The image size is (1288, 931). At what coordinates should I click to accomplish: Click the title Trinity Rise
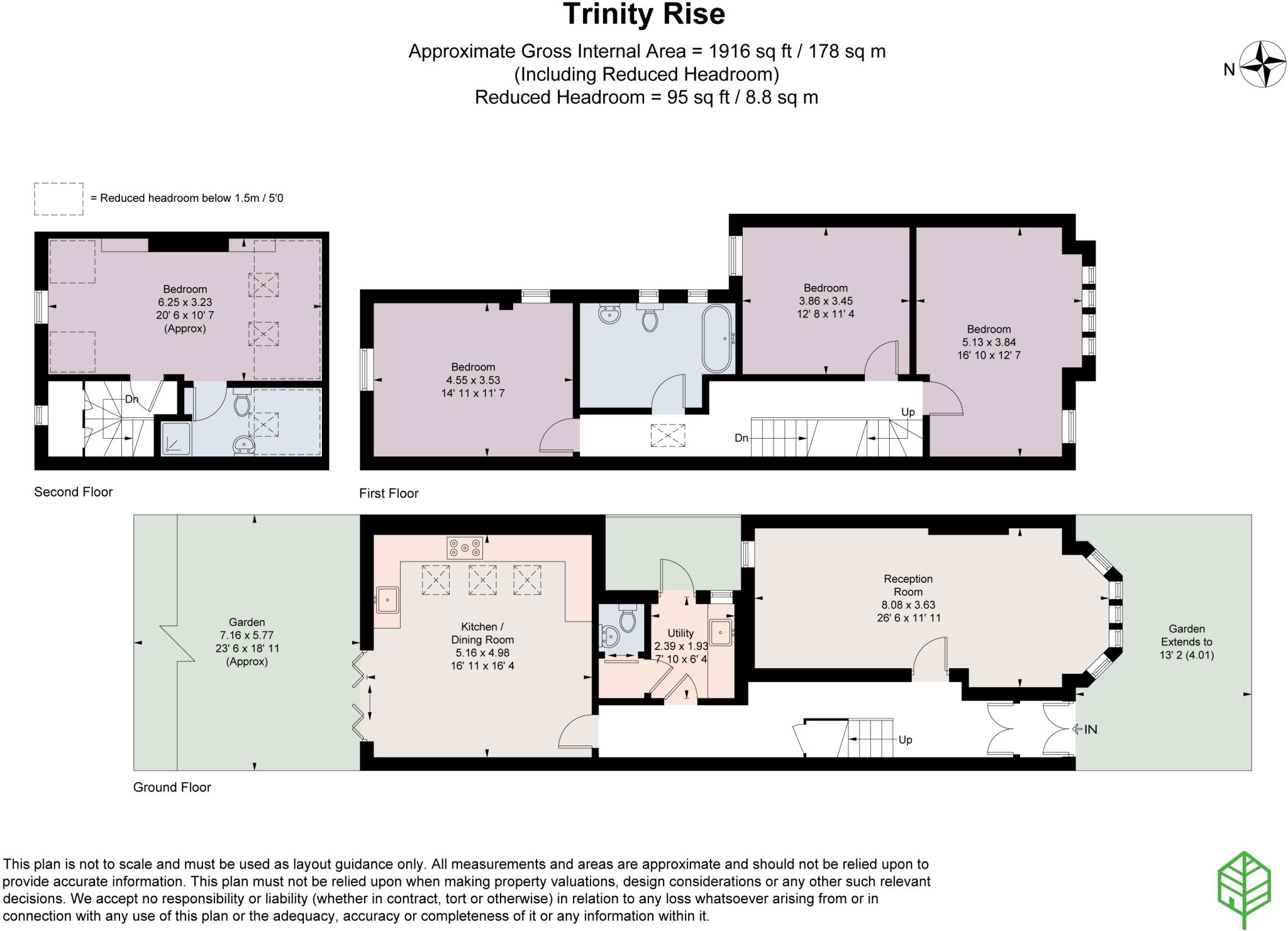click(644, 14)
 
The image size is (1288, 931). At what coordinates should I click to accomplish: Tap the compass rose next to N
click(1262, 64)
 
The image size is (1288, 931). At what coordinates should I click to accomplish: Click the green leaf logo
click(1244, 890)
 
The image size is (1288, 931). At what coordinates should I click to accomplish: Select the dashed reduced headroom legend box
click(58, 199)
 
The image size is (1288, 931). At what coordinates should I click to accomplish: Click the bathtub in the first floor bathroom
click(717, 339)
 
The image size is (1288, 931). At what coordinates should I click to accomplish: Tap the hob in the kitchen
click(465, 548)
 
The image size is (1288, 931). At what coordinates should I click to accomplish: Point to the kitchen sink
click(387, 600)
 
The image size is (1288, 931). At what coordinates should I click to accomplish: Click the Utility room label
click(680, 633)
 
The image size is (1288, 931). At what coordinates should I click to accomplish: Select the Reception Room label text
click(908, 585)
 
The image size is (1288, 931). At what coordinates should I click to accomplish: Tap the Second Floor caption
click(74, 492)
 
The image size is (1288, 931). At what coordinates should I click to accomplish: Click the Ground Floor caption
click(172, 787)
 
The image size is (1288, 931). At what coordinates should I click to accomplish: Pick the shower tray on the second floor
click(175, 438)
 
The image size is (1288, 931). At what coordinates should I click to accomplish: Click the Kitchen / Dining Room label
click(482, 633)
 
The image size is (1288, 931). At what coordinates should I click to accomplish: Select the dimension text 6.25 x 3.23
click(185, 302)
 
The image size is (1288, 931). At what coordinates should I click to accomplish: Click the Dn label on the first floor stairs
click(741, 438)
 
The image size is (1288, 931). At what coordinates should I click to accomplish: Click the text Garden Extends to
click(1187, 635)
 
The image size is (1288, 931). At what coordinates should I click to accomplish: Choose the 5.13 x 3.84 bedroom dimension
click(989, 342)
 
